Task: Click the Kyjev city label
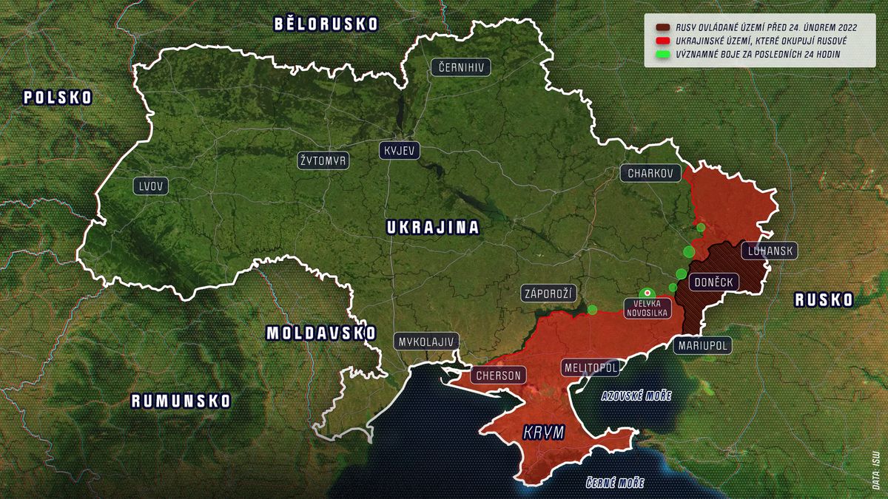click(x=400, y=151)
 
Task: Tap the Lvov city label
click(x=151, y=186)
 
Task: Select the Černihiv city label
click(x=461, y=67)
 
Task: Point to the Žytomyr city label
click(x=323, y=160)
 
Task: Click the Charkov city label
click(x=650, y=174)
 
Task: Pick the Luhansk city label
click(x=770, y=251)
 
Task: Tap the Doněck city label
click(x=713, y=282)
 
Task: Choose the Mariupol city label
click(x=702, y=345)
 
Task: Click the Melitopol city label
click(x=590, y=367)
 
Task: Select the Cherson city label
click(x=497, y=376)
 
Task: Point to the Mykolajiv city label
click(x=427, y=342)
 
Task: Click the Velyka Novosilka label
click(x=647, y=308)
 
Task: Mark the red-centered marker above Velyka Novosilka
click(x=647, y=293)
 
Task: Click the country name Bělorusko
click(x=326, y=24)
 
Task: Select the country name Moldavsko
click(x=321, y=333)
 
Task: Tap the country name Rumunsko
click(x=181, y=401)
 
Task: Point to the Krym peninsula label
click(x=543, y=433)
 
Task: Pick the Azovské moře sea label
click(x=636, y=396)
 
